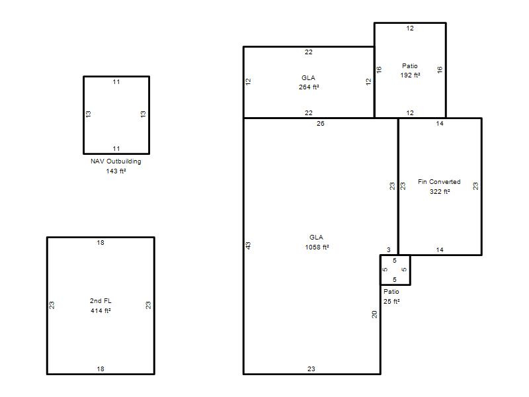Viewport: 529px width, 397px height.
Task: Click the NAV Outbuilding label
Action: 116,161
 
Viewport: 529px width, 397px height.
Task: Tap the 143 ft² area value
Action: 116,171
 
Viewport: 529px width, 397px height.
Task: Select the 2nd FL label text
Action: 101,301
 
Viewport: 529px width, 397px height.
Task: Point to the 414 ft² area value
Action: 101,310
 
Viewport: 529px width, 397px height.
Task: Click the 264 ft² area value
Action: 309,87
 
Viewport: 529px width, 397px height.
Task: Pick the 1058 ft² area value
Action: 317,247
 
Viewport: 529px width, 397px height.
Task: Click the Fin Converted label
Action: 439,181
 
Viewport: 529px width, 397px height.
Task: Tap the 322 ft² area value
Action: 440,192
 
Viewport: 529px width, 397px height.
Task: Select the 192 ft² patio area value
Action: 410,75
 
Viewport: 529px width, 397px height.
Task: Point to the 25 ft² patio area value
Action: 391,302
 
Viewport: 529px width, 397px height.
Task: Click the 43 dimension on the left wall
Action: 249,245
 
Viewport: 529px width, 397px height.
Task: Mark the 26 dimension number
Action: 321,124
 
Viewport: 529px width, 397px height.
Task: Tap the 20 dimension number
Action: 374,314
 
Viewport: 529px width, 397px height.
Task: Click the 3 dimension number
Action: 389,250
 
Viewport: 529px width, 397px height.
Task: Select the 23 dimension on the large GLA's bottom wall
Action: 311,369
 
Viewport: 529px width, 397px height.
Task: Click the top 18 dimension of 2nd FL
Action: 101,243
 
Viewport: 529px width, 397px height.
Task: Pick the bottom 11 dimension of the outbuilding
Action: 116,148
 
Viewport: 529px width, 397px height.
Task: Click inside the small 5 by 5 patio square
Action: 395,270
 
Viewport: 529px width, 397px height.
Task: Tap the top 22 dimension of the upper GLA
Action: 309,52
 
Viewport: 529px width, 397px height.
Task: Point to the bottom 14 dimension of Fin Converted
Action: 440,250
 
